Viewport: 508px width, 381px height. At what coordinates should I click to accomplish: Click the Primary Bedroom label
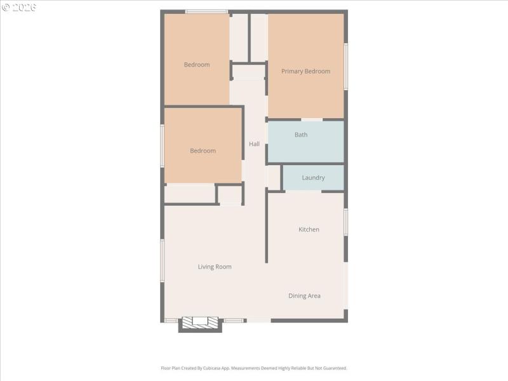click(x=305, y=71)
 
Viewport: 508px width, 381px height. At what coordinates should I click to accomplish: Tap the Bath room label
click(x=301, y=135)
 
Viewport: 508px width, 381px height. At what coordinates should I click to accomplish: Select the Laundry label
click(x=313, y=178)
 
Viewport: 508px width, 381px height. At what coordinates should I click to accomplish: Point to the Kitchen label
click(x=309, y=229)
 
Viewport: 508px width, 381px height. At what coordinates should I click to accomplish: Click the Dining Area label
click(x=304, y=296)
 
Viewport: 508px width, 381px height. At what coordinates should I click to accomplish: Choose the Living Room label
click(x=215, y=267)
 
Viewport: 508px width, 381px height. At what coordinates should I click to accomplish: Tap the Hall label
click(x=254, y=144)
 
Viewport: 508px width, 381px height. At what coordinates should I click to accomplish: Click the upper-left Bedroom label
click(x=197, y=65)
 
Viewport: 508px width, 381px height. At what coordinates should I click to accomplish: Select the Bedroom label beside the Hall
click(x=203, y=150)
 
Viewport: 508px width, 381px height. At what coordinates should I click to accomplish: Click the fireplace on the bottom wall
click(x=200, y=323)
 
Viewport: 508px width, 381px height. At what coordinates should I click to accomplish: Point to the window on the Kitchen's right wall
click(x=346, y=222)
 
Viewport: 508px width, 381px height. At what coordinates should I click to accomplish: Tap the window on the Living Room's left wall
click(x=163, y=260)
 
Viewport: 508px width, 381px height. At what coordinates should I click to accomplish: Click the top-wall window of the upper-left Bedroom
click(x=206, y=11)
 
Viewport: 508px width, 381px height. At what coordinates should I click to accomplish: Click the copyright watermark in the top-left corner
click(x=19, y=7)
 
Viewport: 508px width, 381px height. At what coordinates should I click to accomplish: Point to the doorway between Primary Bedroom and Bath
click(x=312, y=119)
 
